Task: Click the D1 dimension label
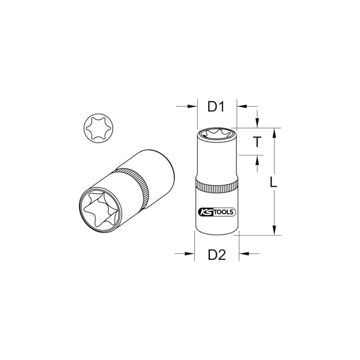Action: (216, 107)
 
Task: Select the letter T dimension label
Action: (256, 142)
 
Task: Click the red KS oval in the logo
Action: (204, 211)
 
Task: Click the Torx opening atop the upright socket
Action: (217, 133)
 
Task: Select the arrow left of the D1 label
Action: (189, 107)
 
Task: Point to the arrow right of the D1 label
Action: (243, 107)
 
